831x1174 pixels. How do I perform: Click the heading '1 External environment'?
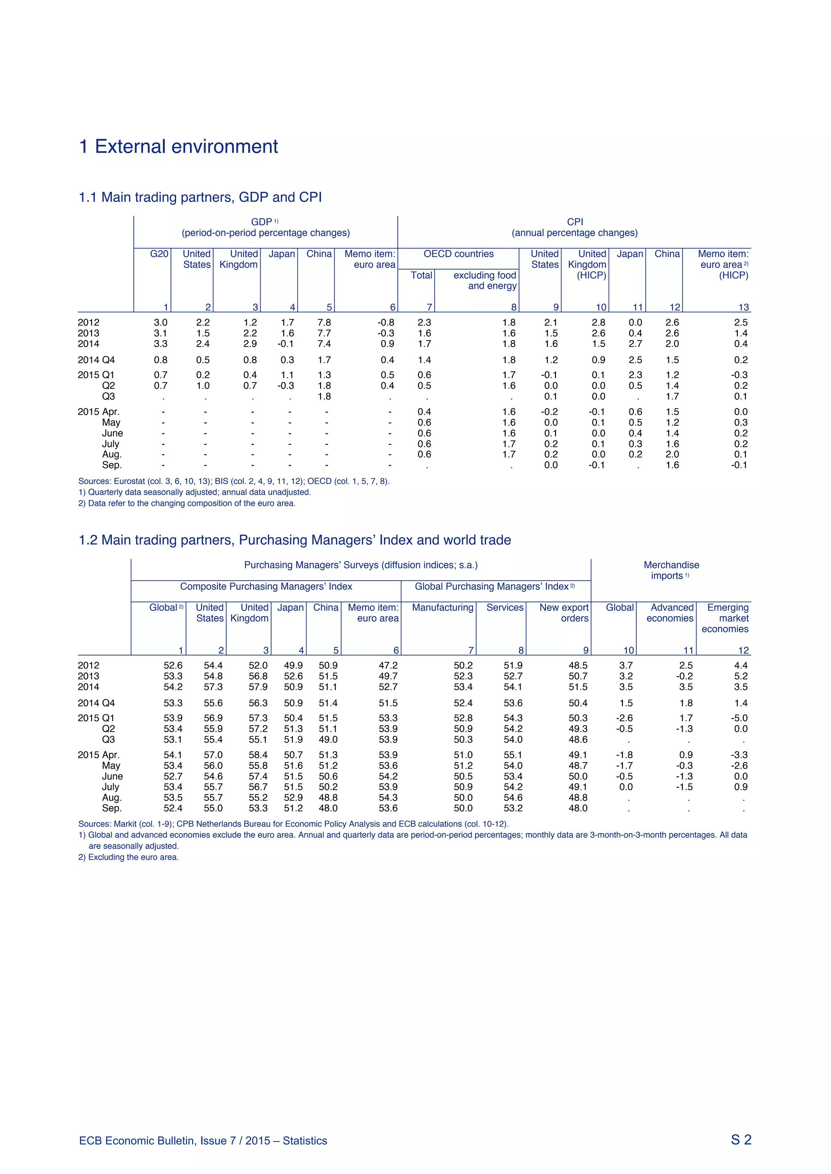click(179, 147)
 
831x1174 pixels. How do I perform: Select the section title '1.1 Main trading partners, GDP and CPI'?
click(200, 197)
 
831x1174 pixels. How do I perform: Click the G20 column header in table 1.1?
click(159, 254)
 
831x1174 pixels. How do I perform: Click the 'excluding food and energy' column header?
click(484, 281)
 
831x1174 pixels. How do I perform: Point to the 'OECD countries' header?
click(459, 254)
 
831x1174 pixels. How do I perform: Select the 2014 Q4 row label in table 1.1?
click(96, 360)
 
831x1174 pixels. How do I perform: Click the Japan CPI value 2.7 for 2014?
click(635, 344)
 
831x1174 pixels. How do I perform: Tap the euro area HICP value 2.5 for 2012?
click(741, 323)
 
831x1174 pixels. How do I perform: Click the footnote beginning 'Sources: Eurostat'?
click(234, 481)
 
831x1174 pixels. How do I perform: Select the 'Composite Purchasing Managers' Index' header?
click(266, 587)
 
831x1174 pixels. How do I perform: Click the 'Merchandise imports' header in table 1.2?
click(671, 570)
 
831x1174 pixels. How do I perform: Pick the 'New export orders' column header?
click(564, 613)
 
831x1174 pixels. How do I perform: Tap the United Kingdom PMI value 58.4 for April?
click(258, 755)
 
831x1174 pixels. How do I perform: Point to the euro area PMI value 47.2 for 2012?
click(388, 666)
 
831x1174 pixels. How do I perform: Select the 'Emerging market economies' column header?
click(727, 618)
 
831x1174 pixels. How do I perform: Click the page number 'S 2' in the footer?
click(741, 1140)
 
